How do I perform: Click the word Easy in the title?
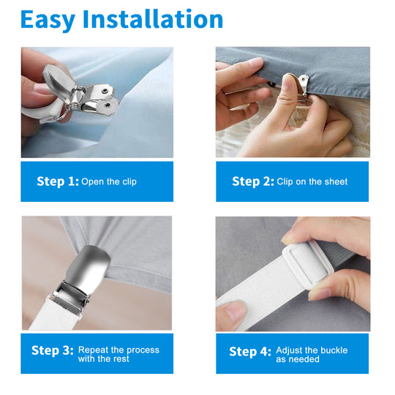pos(48,20)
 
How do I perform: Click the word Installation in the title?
pos(153,19)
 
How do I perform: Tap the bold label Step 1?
pos(58,181)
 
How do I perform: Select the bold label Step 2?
pos(253,181)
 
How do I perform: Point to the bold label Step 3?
pos(53,350)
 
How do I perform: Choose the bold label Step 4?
pos(250,352)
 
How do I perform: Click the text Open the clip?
pos(109,181)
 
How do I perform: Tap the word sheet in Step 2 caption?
pos(336,181)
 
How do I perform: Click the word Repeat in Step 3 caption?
pos(93,350)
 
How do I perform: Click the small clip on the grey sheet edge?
pos(303,84)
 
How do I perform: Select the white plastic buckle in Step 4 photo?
pos(308,265)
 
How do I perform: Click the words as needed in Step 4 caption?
pos(298,359)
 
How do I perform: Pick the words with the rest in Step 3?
pos(104,358)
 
